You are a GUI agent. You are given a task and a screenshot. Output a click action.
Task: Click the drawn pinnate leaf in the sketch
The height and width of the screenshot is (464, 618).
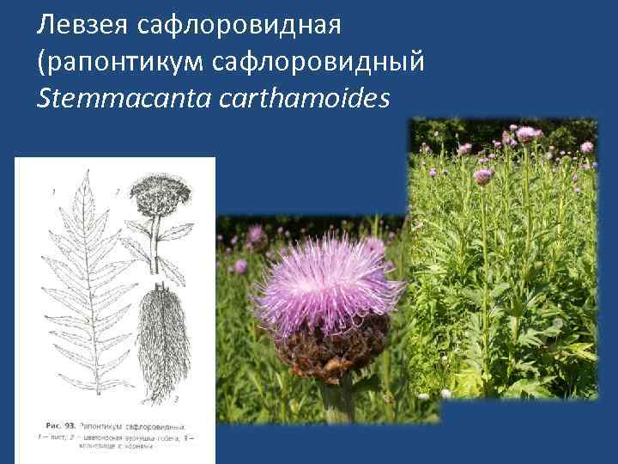click(x=86, y=284)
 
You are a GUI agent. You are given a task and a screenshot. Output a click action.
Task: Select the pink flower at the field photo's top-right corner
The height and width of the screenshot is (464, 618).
click(x=586, y=145)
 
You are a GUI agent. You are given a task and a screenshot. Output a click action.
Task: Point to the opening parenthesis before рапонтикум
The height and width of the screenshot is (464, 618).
click(x=41, y=63)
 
